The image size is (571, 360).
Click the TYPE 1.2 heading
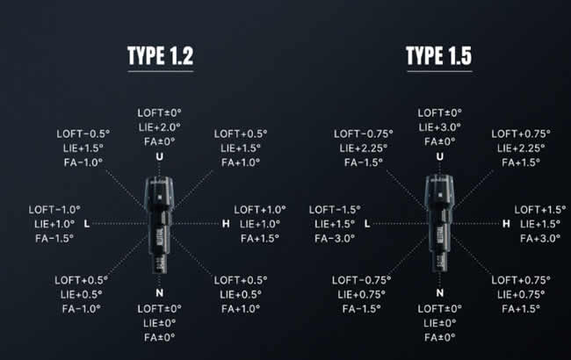coord(160,55)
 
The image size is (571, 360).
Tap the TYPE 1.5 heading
coord(439,55)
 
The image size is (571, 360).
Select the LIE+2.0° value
coord(160,127)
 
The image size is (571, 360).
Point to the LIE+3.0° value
coord(439,127)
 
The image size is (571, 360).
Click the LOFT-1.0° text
coord(54,210)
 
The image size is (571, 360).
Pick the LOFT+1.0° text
coord(260,210)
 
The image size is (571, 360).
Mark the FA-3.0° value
coord(335,239)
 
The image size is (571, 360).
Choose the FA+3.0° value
coord(540,239)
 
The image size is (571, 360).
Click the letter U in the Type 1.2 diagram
coord(160,156)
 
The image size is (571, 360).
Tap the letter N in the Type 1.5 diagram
coord(440,293)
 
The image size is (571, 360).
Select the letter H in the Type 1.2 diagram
coord(226,224)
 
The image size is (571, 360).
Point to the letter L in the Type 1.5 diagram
coord(367,224)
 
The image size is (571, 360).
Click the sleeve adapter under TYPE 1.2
coord(159,225)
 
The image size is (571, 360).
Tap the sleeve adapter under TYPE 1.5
coord(439,224)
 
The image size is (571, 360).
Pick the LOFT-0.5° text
coord(83,134)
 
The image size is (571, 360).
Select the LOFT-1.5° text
coord(335,210)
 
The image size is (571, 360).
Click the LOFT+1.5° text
coord(540,210)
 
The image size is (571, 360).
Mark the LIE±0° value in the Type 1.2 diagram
coord(160,323)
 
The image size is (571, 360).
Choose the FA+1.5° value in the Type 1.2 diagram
coord(260,239)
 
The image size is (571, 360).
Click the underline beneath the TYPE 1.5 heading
coord(439,71)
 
